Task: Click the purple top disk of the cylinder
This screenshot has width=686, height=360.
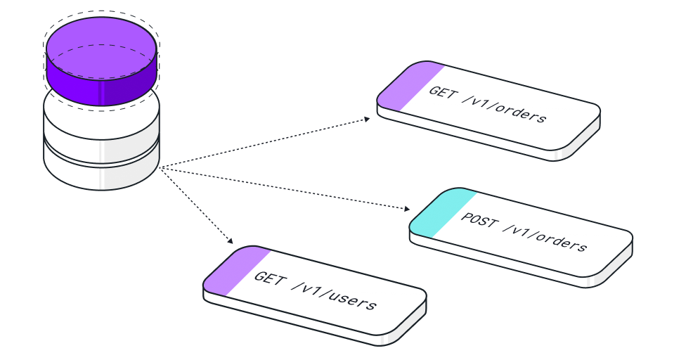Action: click(101, 61)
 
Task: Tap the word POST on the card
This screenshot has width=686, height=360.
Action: click(479, 220)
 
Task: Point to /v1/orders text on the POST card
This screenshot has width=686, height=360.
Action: click(545, 238)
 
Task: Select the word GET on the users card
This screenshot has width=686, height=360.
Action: click(268, 278)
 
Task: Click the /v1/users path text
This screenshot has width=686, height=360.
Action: click(333, 295)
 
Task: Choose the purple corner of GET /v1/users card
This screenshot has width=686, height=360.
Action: click(235, 269)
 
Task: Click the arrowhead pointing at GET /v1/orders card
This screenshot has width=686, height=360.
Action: click(367, 119)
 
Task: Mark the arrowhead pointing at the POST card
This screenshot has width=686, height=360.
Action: click(408, 209)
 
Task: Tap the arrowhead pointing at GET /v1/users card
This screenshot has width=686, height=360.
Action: click(230, 240)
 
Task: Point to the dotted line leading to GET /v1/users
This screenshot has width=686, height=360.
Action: click(195, 205)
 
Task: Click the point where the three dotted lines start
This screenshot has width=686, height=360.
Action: click(160, 167)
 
